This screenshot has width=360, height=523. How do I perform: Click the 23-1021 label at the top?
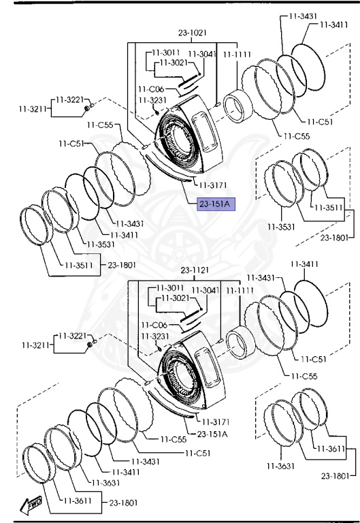[193, 33]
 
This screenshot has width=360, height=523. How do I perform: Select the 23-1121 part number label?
[195, 270]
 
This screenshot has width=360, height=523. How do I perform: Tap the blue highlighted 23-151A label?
[216, 204]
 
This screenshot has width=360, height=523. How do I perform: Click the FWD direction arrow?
[31, 505]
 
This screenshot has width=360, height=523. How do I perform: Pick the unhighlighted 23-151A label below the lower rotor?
[212, 434]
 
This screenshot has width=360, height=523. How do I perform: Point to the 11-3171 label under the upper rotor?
[213, 185]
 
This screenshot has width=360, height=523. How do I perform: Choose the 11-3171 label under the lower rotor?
[215, 422]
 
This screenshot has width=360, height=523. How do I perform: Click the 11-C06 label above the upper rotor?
[151, 89]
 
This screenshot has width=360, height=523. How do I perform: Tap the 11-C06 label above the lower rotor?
[154, 325]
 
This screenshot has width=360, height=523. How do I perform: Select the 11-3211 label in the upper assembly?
[33, 109]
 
